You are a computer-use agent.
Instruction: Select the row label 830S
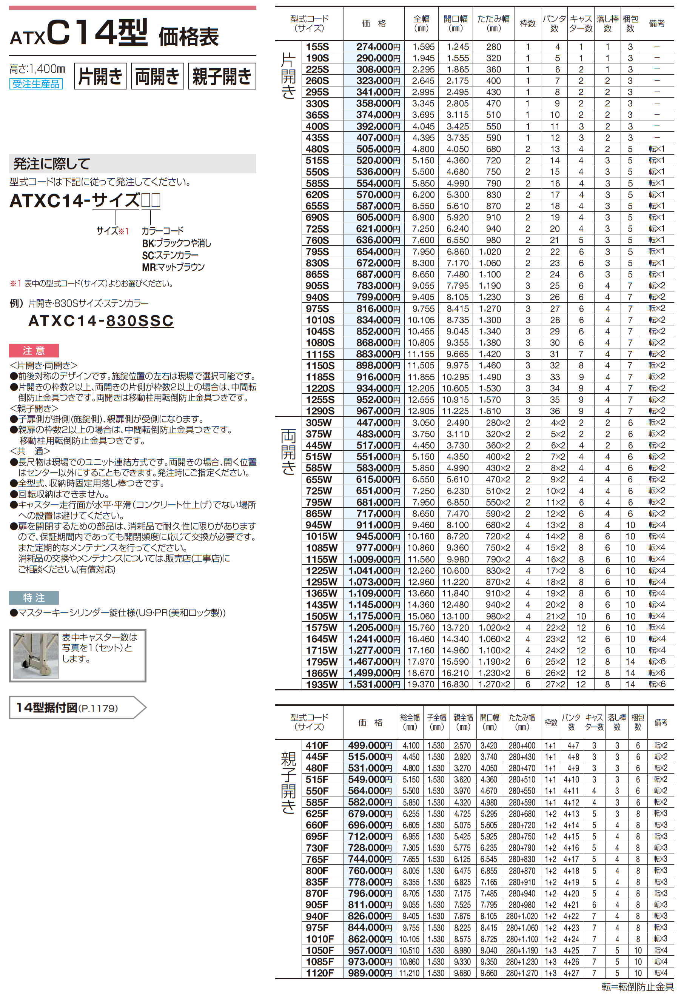[x=317, y=263]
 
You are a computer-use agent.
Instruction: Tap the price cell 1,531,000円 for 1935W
[x=374, y=684]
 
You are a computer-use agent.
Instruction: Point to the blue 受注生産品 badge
[x=36, y=84]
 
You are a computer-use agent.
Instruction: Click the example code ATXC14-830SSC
[x=101, y=321]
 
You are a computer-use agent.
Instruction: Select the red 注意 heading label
[x=34, y=350]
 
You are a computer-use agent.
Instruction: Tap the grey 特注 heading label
[x=34, y=598]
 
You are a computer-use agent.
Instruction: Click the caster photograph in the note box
[x=35, y=655]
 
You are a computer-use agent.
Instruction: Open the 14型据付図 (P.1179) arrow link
[x=77, y=707]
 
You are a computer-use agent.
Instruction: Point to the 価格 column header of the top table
[x=374, y=24]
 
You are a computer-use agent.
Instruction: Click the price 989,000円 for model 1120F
[x=370, y=973]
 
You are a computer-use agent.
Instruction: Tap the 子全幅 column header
[x=436, y=722]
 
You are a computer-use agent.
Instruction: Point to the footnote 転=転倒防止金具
[x=638, y=987]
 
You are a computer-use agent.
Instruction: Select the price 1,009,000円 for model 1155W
[x=374, y=559]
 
